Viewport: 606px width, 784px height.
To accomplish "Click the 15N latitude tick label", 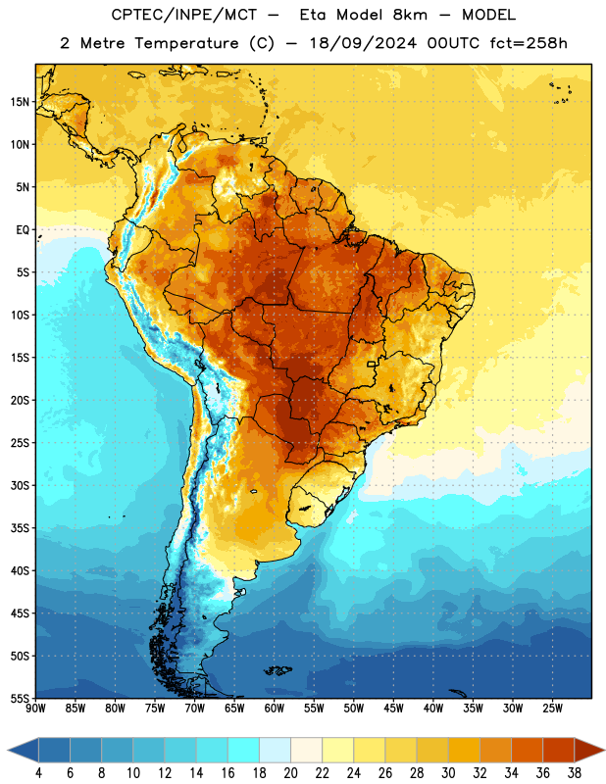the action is (20, 102).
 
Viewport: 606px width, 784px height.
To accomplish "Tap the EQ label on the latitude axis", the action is (23, 230).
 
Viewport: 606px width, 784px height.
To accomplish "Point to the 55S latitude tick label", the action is (20, 698).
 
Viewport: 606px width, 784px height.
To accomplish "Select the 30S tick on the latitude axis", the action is (20, 485).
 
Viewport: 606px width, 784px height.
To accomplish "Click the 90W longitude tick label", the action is (36, 709).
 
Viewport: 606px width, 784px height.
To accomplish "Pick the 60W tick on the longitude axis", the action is (275, 709).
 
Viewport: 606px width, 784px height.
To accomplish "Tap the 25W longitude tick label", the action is (552, 709).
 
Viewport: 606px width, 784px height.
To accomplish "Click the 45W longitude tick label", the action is (393, 709).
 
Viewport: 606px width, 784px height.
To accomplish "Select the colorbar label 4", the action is (38, 773).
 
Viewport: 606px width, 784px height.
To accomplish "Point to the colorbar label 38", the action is (575, 773).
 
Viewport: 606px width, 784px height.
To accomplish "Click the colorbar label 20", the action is (290, 773).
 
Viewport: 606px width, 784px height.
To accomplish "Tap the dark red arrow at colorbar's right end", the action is (589, 750).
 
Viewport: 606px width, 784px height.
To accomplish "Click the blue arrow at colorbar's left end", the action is (23, 750).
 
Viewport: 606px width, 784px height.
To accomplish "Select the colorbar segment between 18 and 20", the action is (276, 750).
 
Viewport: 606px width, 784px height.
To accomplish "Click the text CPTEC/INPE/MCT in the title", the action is (184, 15).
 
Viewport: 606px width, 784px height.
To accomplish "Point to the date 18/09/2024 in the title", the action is (363, 43).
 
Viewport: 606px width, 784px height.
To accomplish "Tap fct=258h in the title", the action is (529, 43).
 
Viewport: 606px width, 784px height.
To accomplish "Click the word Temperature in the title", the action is (186, 43).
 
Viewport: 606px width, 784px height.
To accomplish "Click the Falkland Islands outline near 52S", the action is (278, 670).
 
